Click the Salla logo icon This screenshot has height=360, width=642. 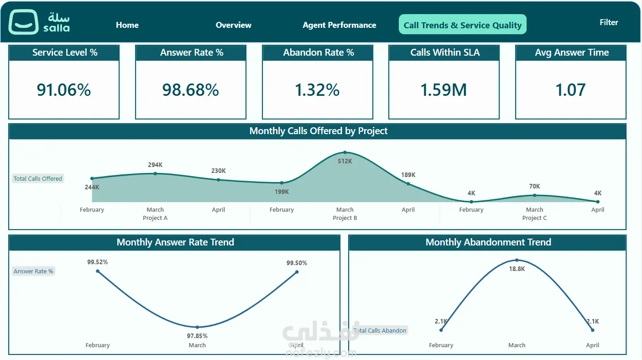pyautogui.click(x=24, y=22)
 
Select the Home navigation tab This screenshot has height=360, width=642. pyautogui.click(x=127, y=25)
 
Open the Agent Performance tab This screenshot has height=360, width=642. pyautogui.click(x=339, y=25)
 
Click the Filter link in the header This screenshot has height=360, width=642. pyautogui.click(x=609, y=22)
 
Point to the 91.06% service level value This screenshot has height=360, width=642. pyautogui.click(x=63, y=90)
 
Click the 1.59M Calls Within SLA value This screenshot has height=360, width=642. pyautogui.click(x=444, y=90)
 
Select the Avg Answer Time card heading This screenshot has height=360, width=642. pyautogui.click(x=571, y=52)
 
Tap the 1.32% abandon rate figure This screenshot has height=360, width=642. pyautogui.click(x=317, y=90)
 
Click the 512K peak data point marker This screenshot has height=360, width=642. pyautogui.click(x=345, y=152)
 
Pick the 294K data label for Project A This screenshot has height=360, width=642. pyautogui.click(x=155, y=165)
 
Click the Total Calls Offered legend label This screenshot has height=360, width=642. pyautogui.click(x=37, y=178)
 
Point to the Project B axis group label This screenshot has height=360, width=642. pyautogui.click(x=345, y=218)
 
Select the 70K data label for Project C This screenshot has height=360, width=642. pyautogui.click(x=534, y=186)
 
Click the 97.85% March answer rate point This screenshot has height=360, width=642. pyautogui.click(x=197, y=327)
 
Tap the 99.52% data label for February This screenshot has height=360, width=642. pyautogui.click(x=98, y=262)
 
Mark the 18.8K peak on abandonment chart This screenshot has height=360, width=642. pyautogui.click(x=517, y=260)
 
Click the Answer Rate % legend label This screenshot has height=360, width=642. pyautogui.click(x=33, y=271)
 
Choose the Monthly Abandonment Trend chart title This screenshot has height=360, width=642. pyautogui.click(x=488, y=242)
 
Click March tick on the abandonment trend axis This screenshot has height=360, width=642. pyautogui.click(x=517, y=345)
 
